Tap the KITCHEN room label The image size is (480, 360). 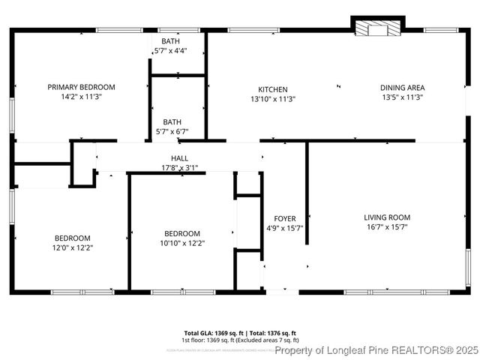point(273,89)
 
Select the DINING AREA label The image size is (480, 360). point(402,87)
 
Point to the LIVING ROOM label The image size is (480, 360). point(387,217)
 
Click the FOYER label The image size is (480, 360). point(284,219)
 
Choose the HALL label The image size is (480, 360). point(179,158)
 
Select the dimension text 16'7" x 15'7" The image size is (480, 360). point(387,227)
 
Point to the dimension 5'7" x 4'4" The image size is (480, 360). point(170,51)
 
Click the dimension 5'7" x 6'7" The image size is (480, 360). point(172,131)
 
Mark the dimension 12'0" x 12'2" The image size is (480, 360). point(72,247)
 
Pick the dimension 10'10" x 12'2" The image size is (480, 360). point(182,242)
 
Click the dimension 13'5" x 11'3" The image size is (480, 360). point(402,97)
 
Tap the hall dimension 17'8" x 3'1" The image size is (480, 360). point(179,167)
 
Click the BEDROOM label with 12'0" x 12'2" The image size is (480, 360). point(72,238)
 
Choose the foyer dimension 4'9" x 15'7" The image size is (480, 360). point(284,228)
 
